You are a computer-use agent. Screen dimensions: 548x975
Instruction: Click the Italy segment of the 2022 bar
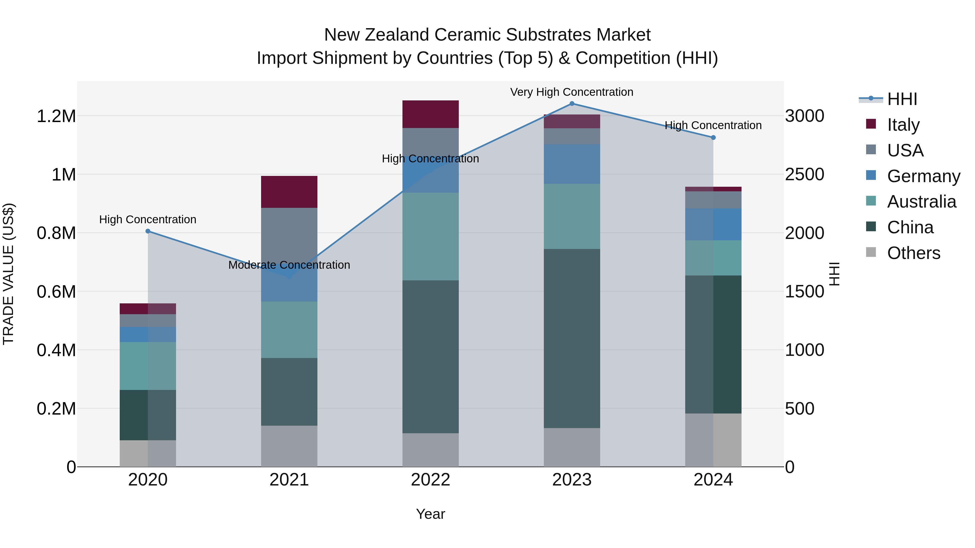coord(430,114)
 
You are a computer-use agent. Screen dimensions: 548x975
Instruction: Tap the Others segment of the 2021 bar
coord(289,446)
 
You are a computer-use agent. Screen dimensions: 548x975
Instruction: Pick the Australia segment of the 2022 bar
coord(430,236)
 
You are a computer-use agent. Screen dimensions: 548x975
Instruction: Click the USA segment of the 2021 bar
coord(289,234)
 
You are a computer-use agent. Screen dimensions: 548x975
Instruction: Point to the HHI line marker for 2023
coord(572,104)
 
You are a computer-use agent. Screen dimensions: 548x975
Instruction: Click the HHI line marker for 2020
coord(148,231)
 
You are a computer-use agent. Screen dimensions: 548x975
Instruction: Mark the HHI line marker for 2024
coord(713,138)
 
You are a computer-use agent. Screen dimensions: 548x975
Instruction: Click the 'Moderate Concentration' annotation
coord(289,265)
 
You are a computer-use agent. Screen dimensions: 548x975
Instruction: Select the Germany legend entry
coord(923,176)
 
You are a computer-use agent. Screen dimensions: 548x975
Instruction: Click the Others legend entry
coord(913,253)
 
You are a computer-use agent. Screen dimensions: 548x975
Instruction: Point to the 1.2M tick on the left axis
coord(56,116)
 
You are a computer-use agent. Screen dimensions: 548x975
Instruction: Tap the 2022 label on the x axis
coord(430,480)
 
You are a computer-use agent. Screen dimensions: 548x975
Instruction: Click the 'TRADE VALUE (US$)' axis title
coord(8,274)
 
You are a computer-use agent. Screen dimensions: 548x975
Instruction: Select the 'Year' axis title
coord(430,514)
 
